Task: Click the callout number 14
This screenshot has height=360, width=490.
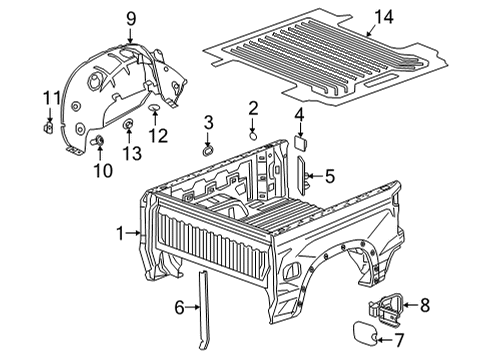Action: pyautogui.click(x=384, y=17)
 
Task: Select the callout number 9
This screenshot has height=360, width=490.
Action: pyautogui.click(x=131, y=19)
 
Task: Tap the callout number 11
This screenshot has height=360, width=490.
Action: pyautogui.click(x=51, y=98)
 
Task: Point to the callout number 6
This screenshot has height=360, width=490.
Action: pyautogui.click(x=180, y=307)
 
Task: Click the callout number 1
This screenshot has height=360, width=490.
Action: pyautogui.click(x=120, y=233)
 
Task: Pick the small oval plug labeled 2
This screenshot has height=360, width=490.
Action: pyautogui.click(x=253, y=136)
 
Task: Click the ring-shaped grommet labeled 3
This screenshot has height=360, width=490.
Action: pyautogui.click(x=208, y=150)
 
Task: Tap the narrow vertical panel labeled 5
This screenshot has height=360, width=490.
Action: pyautogui.click(x=302, y=175)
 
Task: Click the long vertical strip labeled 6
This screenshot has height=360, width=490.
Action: pyautogui.click(x=205, y=310)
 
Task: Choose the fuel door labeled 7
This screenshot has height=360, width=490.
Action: pyautogui.click(x=365, y=333)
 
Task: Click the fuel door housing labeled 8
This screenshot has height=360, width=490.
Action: pyautogui.click(x=386, y=310)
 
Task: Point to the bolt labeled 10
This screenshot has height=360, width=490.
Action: pyautogui.click(x=98, y=141)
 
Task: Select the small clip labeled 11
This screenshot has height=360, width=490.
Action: pyautogui.click(x=49, y=127)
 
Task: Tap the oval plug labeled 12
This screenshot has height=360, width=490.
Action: pyautogui.click(x=154, y=107)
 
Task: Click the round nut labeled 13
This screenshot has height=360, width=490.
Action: pyautogui.click(x=128, y=124)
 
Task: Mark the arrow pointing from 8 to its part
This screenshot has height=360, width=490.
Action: pyautogui.click(x=410, y=305)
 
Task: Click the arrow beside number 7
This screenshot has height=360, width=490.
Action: pyautogui.click(x=385, y=340)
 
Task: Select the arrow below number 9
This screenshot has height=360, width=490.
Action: pyautogui.click(x=130, y=36)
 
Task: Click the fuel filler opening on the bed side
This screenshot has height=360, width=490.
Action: pyautogui.click(x=293, y=271)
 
